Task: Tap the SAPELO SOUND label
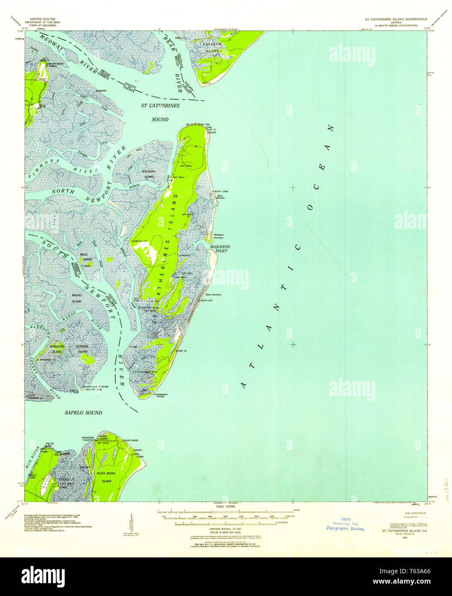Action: [83, 412]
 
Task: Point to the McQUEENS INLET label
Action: [218, 249]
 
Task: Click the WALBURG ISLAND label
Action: [148, 174]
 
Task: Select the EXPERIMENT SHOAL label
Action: [161, 395]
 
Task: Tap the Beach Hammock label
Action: [213, 295]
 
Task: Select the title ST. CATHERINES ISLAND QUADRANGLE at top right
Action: [393, 19]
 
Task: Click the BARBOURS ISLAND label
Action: [57, 349]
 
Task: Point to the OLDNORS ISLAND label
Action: [82, 349]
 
